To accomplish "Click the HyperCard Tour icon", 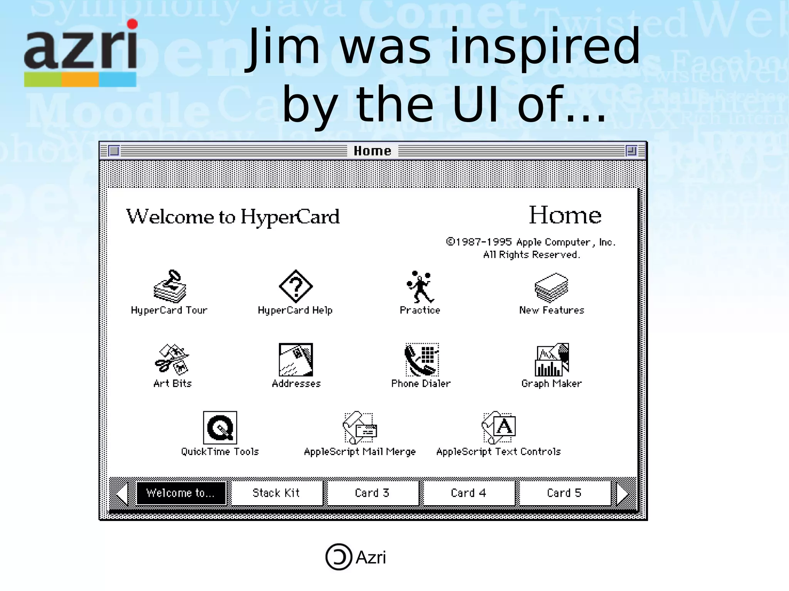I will point(170,286).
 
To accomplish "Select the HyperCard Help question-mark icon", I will point(295,286).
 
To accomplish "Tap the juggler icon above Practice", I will point(420,287).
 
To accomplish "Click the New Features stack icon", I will point(551,287).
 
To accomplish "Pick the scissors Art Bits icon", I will point(172,359).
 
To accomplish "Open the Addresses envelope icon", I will point(295,360).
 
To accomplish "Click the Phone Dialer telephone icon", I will point(421,360).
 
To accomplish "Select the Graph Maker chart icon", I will point(551,360).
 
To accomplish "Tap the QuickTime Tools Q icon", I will point(220,428).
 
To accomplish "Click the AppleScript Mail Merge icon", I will point(359,428).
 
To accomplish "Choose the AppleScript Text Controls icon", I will point(499,428).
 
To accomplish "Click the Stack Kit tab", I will point(276,493).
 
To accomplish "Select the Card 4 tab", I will point(468,493).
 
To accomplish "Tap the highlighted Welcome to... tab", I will point(181,493).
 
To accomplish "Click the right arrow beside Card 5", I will point(623,494).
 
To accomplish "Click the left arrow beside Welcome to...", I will point(122,494).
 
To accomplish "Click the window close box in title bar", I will point(114,151).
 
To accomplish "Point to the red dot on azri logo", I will point(132,24).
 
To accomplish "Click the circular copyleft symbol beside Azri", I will point(339,557).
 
